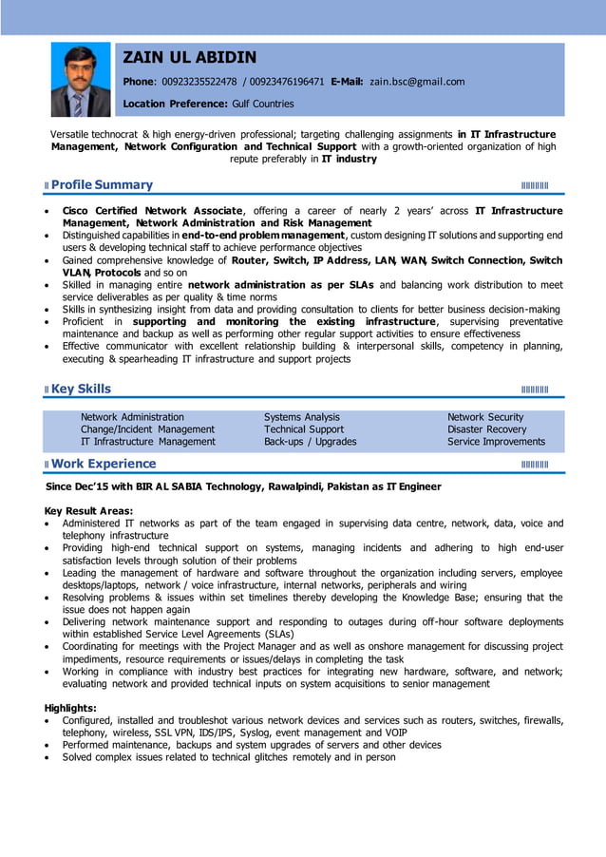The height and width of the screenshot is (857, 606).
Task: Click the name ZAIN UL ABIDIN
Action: point(190,58)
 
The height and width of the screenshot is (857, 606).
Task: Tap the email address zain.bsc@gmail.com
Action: point(417,82)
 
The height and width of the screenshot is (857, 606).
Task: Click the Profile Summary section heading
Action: point(102,184)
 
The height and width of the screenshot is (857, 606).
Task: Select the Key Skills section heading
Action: point(81,389)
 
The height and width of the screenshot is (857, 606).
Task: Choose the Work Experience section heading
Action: point(104,464)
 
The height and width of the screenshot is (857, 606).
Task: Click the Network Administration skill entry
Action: point(132,417)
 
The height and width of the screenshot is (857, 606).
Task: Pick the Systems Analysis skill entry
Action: point(301,417)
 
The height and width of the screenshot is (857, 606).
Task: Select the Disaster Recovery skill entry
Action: point(486,429)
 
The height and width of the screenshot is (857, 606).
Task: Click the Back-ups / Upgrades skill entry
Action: point(310,442)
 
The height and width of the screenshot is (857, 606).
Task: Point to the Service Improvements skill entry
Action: point(496,442)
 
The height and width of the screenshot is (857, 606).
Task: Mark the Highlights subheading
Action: point(71,708)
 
